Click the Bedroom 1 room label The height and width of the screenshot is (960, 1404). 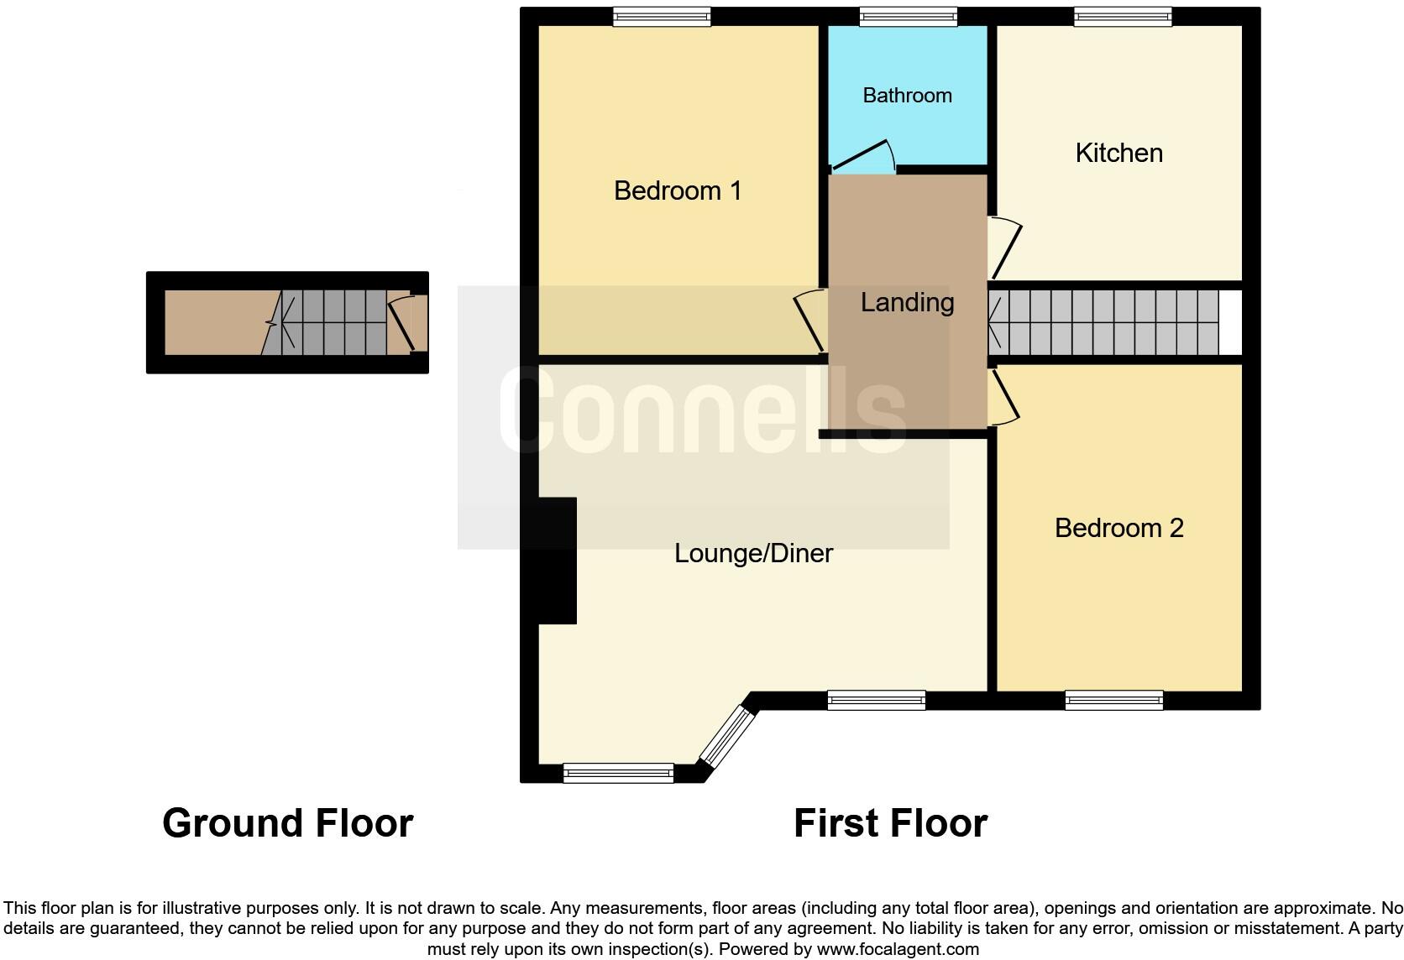click(678, 190)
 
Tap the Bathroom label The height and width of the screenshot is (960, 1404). click(907, 95)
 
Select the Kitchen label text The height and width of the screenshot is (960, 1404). click(1118, 153)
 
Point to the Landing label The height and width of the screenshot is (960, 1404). click(907, 302)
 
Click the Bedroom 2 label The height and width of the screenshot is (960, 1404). click(1118, 528)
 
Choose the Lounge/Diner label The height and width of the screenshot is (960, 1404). click(753, 553)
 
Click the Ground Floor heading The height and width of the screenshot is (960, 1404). click(287, 823)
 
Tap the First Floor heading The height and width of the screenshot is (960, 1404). click(890, 823)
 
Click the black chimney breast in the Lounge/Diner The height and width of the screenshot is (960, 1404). click(556, 561)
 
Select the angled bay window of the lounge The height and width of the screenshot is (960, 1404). click(727, 736)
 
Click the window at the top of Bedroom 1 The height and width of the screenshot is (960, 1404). click(662, 17)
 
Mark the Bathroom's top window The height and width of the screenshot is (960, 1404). click(909, 17)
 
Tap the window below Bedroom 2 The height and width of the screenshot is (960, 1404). click(1113, 700)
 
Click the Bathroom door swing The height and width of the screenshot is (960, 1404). click(865, 157)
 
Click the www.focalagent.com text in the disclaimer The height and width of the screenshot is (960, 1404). click(897, 950)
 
